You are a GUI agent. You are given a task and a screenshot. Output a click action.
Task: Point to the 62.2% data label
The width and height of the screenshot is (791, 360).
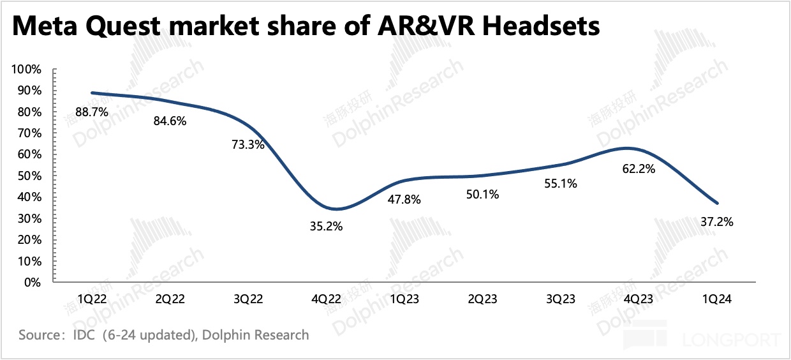[639, 170]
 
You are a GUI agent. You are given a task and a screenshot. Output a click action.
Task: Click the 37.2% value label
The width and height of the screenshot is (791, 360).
[718, 222]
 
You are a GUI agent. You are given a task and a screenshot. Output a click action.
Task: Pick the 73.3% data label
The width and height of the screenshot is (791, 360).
[248, 144]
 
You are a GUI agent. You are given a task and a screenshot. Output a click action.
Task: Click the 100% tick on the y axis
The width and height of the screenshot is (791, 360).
[27, 69]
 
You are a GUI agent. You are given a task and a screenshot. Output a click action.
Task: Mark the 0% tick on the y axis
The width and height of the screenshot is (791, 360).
[33, 281]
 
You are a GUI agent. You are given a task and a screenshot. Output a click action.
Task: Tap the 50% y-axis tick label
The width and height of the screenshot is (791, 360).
[30, 176]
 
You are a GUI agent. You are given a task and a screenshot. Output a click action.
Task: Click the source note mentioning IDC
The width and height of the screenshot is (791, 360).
[163, 334]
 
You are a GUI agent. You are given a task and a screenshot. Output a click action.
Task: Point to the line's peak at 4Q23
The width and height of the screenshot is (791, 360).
[628, 148]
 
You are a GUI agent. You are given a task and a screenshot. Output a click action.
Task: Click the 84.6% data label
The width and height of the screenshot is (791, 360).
[170, 120]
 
